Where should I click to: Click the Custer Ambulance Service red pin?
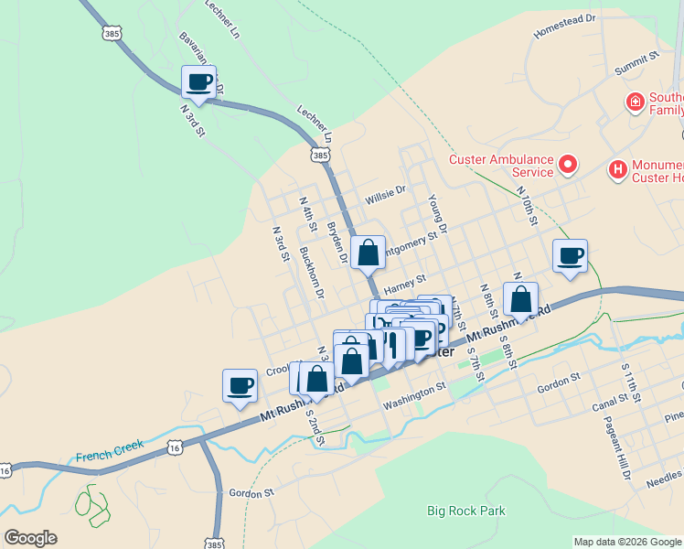(x=568, y=165)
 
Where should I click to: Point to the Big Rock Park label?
(x=465, y=511)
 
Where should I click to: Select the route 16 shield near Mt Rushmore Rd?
(x=175, y=445)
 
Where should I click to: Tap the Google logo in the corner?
(x=32, y=538)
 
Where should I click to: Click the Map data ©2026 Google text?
(x=627, y=542)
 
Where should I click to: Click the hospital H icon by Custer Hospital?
(x=618, y=169)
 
